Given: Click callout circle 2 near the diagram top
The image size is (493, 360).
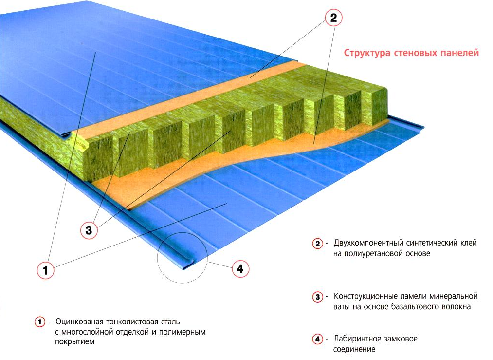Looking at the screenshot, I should tap(333, 18).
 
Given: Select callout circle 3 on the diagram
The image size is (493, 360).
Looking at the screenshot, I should tap(89, 230).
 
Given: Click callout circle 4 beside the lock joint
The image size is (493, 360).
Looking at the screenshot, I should tap(240, 268).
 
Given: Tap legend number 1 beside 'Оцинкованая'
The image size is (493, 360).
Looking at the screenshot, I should tap(39, 322).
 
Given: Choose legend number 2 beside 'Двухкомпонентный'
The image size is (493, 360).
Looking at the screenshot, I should tap(317, 244).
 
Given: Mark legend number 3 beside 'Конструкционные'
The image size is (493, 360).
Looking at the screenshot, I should tap(317, 297).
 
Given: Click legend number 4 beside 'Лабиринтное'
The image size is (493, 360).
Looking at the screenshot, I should tap(317, 339).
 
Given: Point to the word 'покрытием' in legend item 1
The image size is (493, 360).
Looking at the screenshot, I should tap(74, 342).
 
